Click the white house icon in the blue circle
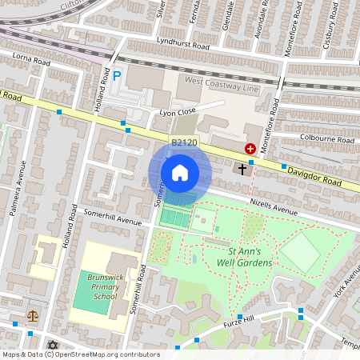click(x=180, y=172)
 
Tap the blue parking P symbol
click(x=116, y=77)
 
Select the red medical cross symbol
click(x=250, y=149)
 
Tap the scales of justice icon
click(x=33, y=316)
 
